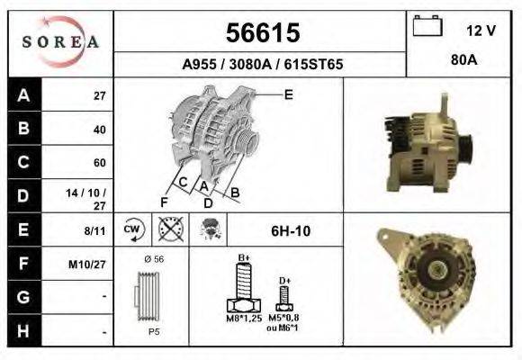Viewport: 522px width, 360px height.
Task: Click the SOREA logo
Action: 60,42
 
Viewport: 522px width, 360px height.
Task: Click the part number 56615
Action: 261,33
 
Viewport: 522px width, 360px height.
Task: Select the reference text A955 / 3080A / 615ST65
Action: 261,65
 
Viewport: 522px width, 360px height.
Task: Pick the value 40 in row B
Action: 99,130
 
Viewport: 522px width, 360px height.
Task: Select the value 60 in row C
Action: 99,163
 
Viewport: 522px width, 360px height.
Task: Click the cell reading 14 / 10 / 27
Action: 93,196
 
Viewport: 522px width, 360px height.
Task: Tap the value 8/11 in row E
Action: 94,230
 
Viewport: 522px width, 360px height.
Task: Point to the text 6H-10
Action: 290,231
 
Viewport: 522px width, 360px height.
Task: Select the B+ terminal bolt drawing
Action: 243,293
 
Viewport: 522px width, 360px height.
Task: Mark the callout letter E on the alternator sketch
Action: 288,94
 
